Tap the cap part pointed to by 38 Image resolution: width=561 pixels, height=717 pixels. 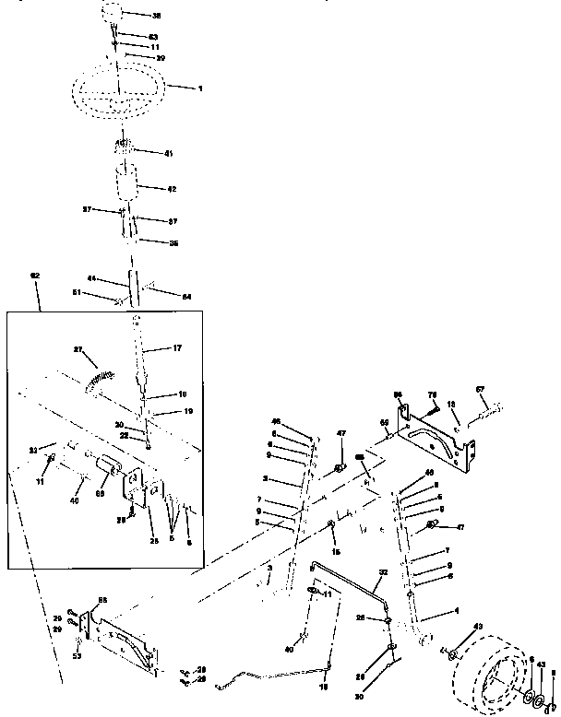click(x=113, y=17)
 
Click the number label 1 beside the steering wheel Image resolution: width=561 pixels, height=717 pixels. click(x=200, y=88)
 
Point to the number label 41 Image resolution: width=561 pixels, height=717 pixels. click(x=168, y=153)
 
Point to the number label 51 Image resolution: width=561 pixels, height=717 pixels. click(x=78, y=293)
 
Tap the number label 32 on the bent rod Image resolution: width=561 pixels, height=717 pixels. click(x=382, y=573)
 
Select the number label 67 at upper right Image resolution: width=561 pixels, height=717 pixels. click(x=480, y=388)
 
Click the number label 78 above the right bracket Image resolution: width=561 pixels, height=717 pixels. click(x=431, y=394)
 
